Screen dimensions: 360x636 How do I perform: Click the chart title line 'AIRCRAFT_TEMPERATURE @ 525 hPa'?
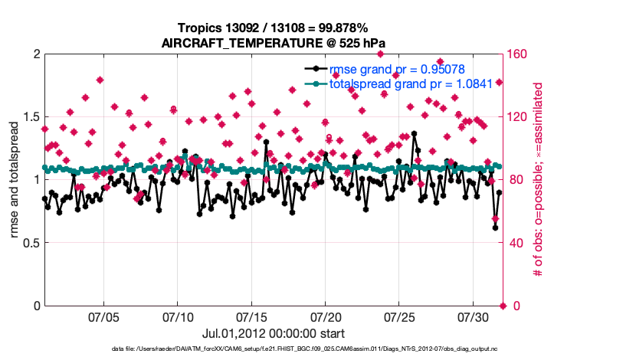[273, 43]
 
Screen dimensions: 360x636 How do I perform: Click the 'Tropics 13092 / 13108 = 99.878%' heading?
[273, 28]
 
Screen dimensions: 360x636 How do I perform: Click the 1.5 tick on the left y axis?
[29, 117]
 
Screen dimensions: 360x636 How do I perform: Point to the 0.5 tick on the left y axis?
[29, 243]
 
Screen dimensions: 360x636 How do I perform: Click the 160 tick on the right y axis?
[519, 54]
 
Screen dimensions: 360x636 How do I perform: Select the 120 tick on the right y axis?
[519, 117]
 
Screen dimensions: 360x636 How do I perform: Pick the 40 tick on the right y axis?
[516, 243]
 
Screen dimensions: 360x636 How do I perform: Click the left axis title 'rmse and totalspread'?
[15, 180]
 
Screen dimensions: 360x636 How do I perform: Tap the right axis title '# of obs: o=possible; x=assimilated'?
[538, 180]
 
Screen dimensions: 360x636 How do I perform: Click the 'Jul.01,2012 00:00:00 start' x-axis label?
[273, 334]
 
